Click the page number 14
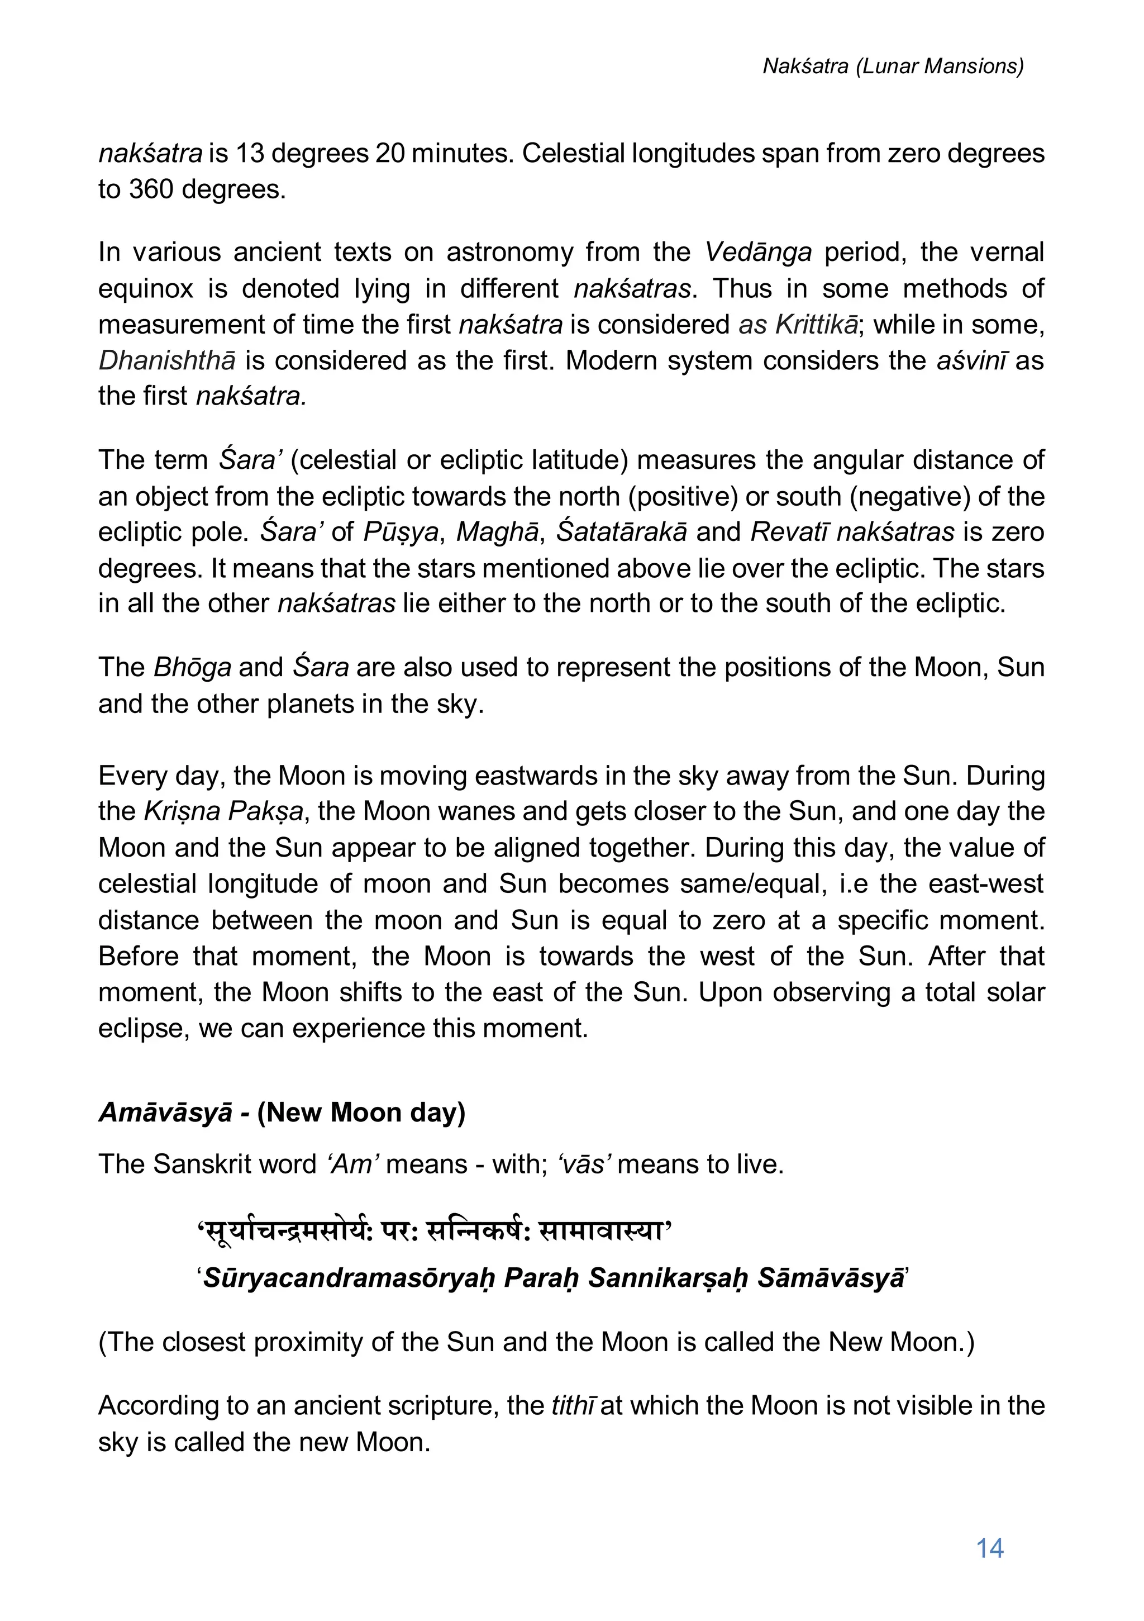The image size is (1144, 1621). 989,1548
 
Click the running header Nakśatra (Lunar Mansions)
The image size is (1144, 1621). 893,66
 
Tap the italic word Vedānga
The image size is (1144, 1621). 758,252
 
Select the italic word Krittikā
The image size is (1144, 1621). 817,324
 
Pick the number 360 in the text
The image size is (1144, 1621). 150,189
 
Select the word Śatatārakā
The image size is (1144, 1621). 621,531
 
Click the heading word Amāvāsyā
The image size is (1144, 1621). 165,1112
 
